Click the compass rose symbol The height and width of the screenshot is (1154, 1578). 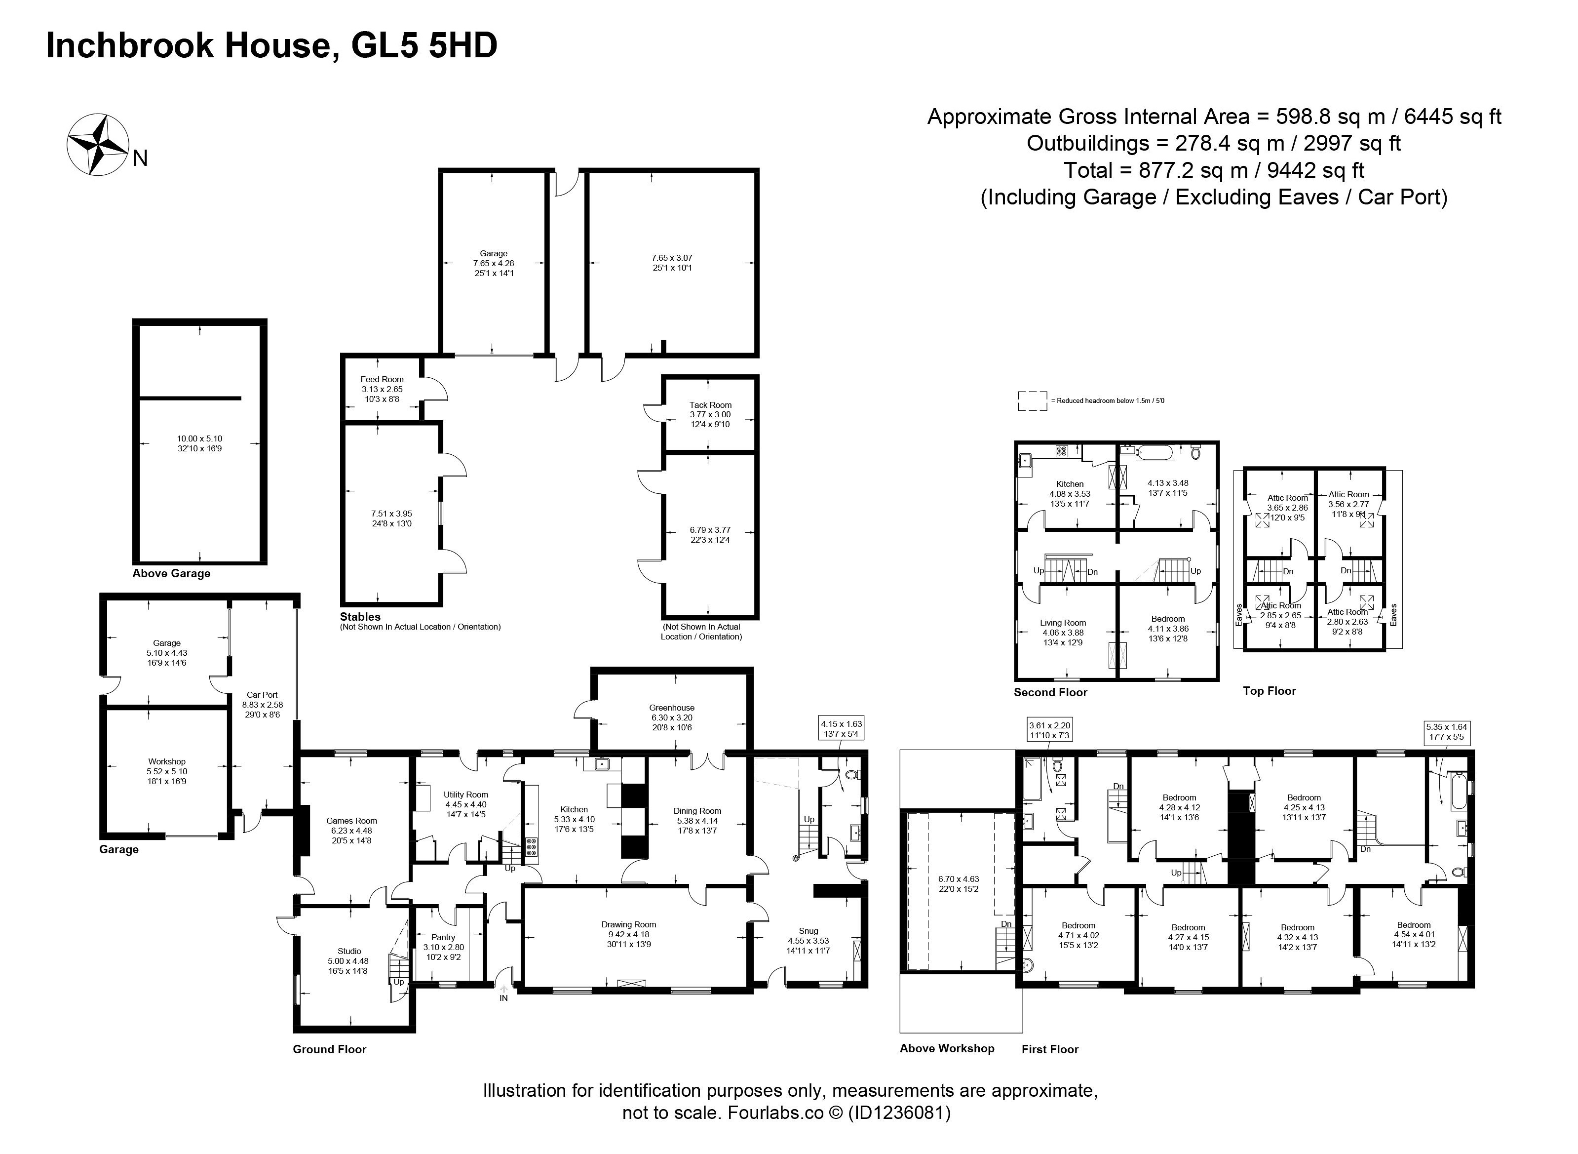point(97,144)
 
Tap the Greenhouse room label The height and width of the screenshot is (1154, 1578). point(672,708)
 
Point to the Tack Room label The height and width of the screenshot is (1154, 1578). point(710,404)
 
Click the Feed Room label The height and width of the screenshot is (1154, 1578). point(382,379)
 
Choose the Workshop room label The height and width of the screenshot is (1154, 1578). point(167,761)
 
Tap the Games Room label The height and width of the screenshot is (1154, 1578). point(351,821)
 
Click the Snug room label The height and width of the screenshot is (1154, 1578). point(808,930)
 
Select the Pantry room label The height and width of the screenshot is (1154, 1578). point(443,937)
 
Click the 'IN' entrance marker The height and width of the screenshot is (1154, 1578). point(503,998)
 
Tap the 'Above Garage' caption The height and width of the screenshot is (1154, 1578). point(171,573)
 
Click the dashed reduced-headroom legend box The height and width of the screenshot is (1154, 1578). point(1032,400)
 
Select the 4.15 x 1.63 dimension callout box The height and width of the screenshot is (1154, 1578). point(842,729)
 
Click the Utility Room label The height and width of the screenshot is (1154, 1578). point(466,794)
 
